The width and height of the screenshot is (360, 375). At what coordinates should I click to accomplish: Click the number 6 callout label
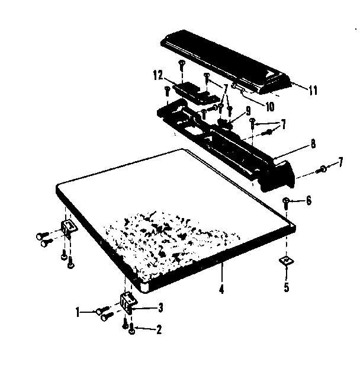click(x=308, y=201)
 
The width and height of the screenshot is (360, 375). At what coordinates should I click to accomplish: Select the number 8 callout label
click(x=313, y=143)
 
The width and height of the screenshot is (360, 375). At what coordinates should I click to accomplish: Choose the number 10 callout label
click(x=269, y=107)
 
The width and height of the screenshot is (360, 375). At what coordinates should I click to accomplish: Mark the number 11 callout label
click(x=313, y=91)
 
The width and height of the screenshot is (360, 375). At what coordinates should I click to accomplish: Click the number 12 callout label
click(x=157, y=75)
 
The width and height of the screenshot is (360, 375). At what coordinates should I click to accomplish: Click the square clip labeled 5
click(x=285, y=259)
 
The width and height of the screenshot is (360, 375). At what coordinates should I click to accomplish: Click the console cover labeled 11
click(x=225, y=62)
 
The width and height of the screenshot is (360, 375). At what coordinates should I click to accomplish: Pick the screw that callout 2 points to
click(x=131, y=330)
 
